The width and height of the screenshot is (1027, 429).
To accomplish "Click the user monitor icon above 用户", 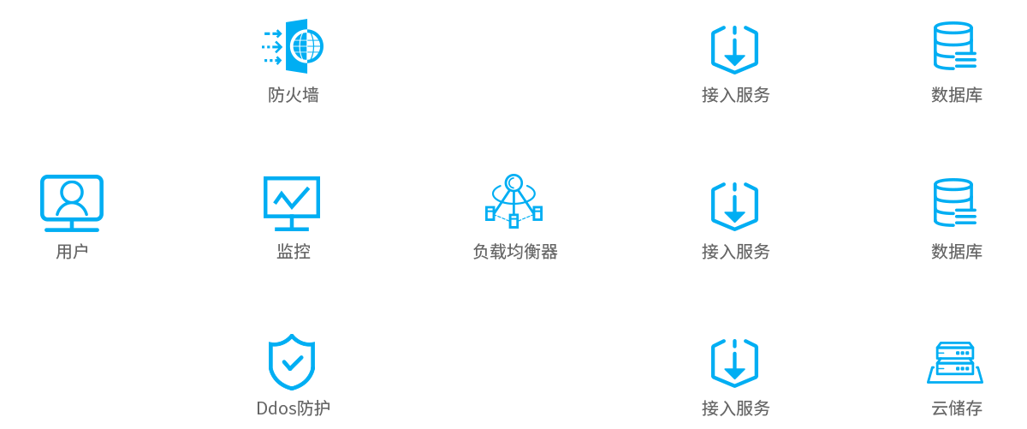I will pyautogui.click(x=72, y=203).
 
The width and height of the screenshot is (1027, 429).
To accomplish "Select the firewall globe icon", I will pyautogui.click(x=293, y=45).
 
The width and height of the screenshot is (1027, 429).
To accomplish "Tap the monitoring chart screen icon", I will pyautogui.click(x=292, y=203).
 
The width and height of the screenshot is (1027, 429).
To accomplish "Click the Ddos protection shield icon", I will pyautogui.click(x=292, y=361).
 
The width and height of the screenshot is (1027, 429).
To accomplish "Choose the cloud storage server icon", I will pyautogui.click(x=955, y=362).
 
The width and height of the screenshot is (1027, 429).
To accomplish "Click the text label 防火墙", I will pyautogui.click(x=293, y=95).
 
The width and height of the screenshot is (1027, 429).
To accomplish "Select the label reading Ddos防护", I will pyautogui.click(x=293, y=408).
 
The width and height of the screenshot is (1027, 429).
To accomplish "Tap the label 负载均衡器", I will pyautogui.click(x=514, y=252).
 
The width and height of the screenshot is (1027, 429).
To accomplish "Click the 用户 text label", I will pyautogui.click(x=72, y=252).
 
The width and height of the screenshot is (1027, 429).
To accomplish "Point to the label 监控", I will pyautogui.click(x=293, y=252).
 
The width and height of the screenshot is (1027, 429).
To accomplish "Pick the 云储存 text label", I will pyautogui.click(x=956, y=408).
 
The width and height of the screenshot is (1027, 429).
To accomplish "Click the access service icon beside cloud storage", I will pyautogui.click(x=734, y=362).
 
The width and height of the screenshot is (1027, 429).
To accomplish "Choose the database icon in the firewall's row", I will pyautogui.click(x=954, y=46).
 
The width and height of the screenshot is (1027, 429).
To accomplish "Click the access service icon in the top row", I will pyautogui.click(x=734, y=49).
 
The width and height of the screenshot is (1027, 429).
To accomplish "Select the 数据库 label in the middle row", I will pyautogui.click(x=956, y=252).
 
